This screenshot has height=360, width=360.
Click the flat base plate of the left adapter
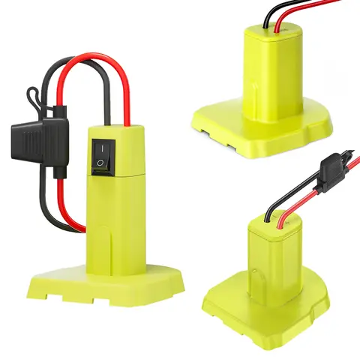105,281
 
